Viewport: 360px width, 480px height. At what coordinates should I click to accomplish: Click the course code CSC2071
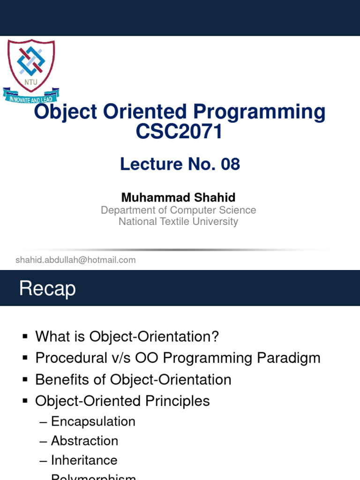coord(179,132)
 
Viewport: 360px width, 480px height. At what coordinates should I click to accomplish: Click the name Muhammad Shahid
coord(178,197)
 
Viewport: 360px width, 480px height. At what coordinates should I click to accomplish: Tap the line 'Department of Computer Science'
coord(178,210)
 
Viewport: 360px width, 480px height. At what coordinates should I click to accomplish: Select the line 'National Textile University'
coord(178,222)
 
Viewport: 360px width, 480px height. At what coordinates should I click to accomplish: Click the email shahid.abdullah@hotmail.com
coord(75,260)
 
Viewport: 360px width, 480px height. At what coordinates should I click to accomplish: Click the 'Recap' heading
coord(47,289)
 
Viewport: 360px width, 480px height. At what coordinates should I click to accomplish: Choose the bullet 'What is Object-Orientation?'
coord(127,336)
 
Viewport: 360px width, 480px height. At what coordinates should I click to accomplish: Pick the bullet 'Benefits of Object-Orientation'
coord(133,379)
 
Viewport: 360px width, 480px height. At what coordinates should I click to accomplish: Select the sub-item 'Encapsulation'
coord(93,421)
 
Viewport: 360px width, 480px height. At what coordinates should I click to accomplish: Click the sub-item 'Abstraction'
coord(84,441)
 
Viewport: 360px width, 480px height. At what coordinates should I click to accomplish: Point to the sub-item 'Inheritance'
coord(84,460)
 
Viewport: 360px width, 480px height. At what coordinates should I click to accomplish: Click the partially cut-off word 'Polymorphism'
coord(93,477)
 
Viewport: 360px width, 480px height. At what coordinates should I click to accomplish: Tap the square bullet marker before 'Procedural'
coord(25,358)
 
